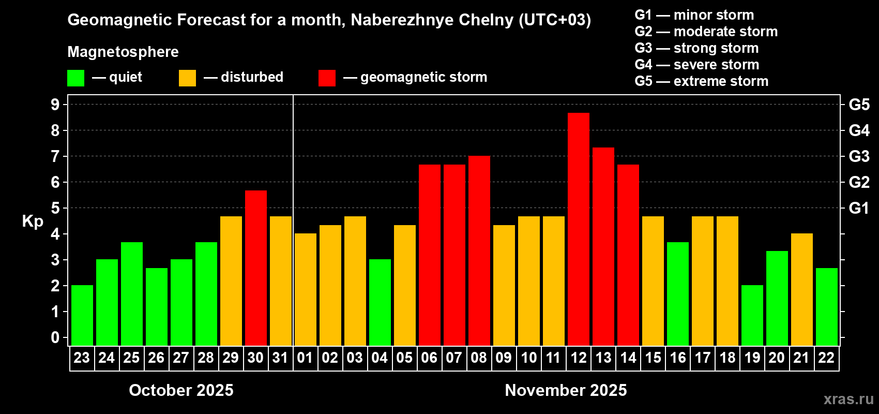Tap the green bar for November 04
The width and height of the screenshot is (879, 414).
click(x=380, y=302)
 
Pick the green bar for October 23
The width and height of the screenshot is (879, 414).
click(x=82, y=315)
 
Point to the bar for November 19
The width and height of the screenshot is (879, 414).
click(x=752, y=315)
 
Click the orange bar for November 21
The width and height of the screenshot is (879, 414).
click(x=801, y=289)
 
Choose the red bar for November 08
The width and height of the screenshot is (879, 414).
click(x=479, y=250)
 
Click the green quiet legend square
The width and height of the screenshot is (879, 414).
click(x=75, y=78)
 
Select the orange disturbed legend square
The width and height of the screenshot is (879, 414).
click(x=187, y=78)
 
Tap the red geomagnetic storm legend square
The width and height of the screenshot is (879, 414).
click(x=327, y=78)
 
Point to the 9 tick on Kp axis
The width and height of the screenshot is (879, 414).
click(x=55, y=105)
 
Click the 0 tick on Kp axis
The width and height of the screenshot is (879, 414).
click(x=55, y=338)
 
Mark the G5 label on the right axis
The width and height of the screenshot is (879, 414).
click(x=859, y=105)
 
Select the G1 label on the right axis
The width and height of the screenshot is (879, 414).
click(x=859, y=208)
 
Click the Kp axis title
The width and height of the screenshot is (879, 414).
click(x=33, y=221)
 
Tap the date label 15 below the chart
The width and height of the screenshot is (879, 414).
click(x=653, y=358)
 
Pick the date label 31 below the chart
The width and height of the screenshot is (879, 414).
click(x=280, y=358)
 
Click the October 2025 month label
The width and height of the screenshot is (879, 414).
click(x=181, y=390)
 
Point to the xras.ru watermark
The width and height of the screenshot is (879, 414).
click(x=848, y=399)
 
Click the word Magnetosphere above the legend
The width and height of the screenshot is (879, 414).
click(x=123, y=52)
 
